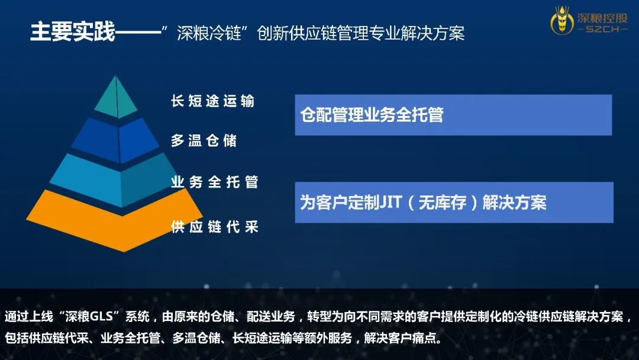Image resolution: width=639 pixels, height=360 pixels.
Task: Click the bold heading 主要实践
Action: (73, 32)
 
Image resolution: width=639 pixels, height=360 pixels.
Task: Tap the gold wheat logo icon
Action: (562, 20)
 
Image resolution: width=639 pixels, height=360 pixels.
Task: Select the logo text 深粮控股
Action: (602, 18)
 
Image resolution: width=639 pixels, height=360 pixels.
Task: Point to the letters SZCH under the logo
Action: (602, 30)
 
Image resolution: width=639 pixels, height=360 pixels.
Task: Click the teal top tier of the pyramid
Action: (116, 97)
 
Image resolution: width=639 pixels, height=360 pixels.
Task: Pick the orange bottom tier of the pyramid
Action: (115, 221)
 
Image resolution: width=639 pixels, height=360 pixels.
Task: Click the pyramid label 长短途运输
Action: (213, 101)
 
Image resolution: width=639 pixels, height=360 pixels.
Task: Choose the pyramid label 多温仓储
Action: (204, 141)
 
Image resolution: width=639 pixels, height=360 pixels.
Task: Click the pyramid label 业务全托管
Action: (214, 182)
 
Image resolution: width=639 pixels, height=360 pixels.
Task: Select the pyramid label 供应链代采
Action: (214, 227)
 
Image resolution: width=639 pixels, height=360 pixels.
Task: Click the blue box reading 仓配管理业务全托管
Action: (453, 115)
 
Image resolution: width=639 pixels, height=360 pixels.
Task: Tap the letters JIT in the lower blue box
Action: (391, 202)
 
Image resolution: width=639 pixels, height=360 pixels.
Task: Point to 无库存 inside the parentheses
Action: (442, 202)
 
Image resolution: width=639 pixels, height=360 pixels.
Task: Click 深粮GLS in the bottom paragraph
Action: (88, 316)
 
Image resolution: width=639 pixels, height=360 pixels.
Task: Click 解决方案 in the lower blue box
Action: (514, 202)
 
